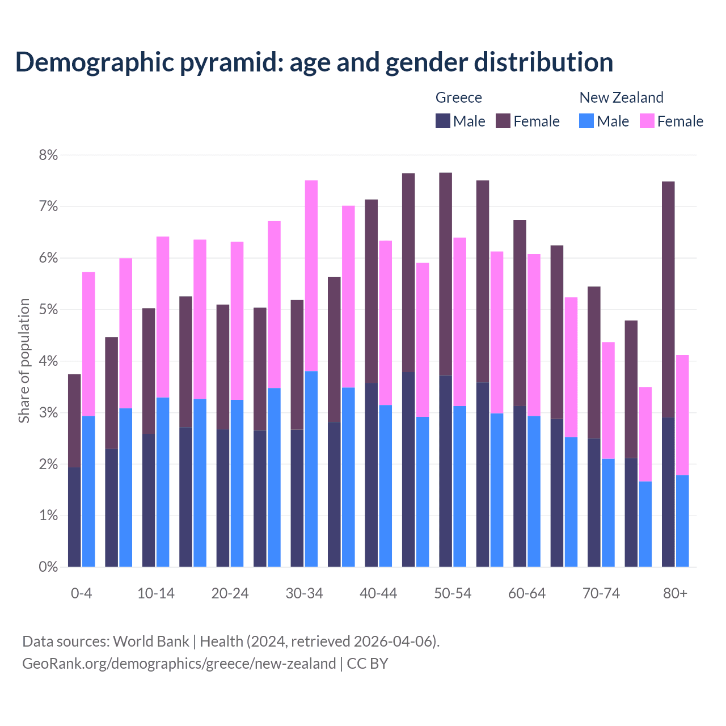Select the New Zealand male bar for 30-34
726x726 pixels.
(311, 469)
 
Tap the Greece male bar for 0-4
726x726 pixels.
(74, 517)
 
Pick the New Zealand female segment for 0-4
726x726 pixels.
(88, 344)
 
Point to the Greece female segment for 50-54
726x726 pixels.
(446, 274)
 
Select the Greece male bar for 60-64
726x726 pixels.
(520, 486)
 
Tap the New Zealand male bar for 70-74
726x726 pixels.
(608, 513)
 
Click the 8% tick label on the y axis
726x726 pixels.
(48, 155)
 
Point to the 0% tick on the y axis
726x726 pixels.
(48, 567)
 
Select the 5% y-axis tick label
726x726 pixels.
(48, 310)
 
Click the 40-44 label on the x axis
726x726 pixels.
(378, 594)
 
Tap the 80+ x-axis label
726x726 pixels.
(675, 594)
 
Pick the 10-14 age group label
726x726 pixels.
(156, 594)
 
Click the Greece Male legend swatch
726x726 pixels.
(443, 121)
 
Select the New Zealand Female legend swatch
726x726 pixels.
(647, 121)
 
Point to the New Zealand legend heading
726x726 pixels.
(621, 98)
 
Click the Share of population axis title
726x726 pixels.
(24, 361)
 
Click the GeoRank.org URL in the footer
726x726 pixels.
(179, 664)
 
